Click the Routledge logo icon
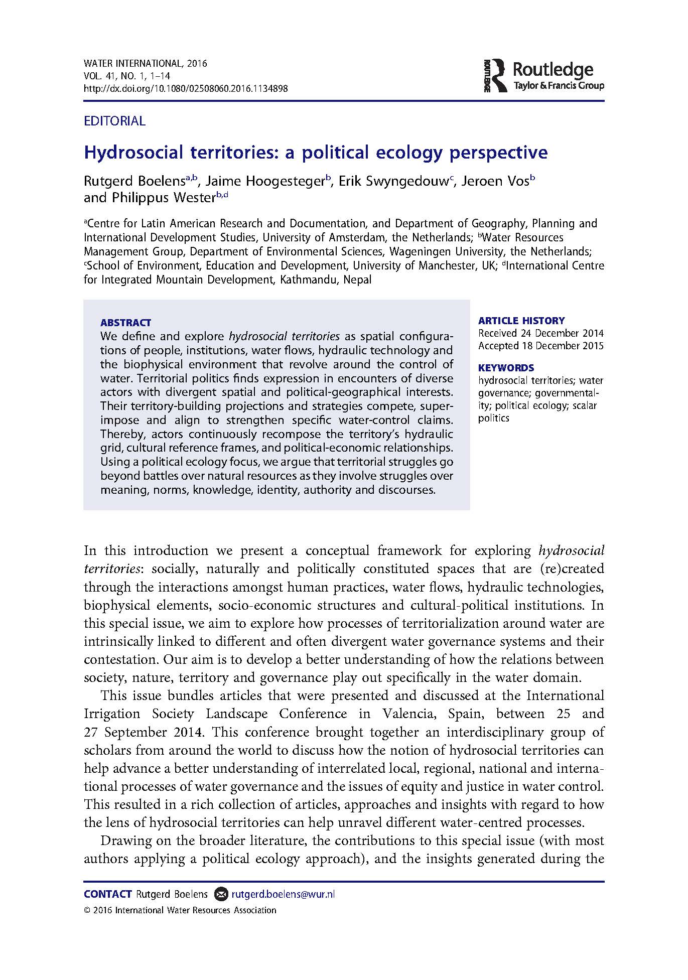coord(496,75)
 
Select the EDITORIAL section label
coord(114,121)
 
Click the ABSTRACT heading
coord(125,323)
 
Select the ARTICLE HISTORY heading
coord(521,321)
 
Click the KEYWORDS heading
coord(506,367)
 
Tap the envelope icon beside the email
coord(220,894)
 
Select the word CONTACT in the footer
coord(107,894)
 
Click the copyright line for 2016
coord(180,910)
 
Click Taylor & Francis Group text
coord(559,85)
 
